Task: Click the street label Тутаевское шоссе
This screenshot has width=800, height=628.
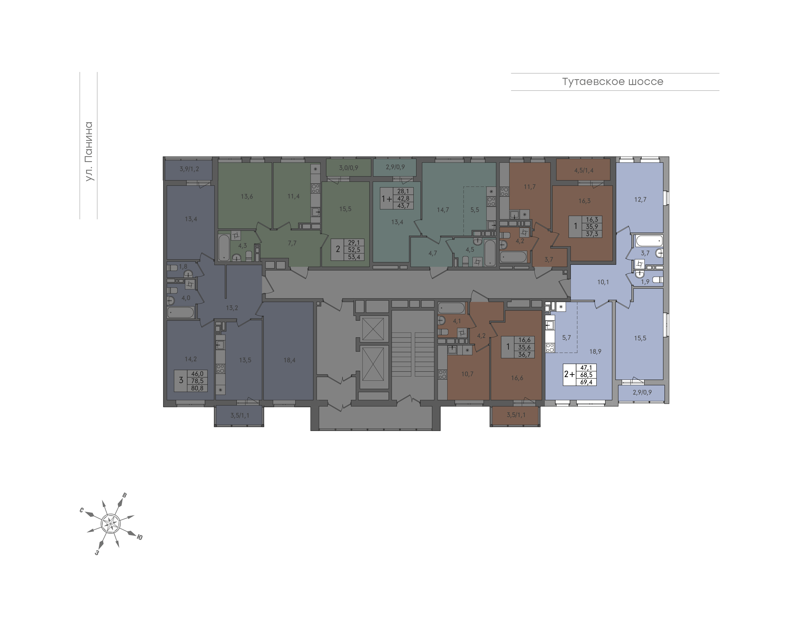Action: [612, 82]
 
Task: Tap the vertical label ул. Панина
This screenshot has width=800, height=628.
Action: [89, 151]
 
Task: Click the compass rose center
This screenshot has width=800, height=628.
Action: [110, 523]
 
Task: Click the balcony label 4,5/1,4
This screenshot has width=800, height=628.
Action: [584, 171]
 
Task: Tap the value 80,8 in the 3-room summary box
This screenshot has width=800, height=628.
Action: [197, 388]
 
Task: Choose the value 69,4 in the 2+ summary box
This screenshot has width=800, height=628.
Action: [586, 382]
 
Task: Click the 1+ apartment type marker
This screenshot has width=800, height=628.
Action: [387, 199]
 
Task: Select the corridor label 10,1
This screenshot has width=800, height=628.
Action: [603, 282]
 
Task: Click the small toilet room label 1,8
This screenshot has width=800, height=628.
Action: [183, 266]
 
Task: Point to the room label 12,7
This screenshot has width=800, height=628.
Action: [640, 200]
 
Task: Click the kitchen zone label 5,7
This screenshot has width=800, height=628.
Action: [566, 338]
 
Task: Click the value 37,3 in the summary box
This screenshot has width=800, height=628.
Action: [592, 234]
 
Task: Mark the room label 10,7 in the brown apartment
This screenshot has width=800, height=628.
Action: [467, 374]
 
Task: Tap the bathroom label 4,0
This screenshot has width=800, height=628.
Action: [186, 298]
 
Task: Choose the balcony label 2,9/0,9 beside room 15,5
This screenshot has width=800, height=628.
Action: [642, 393]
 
